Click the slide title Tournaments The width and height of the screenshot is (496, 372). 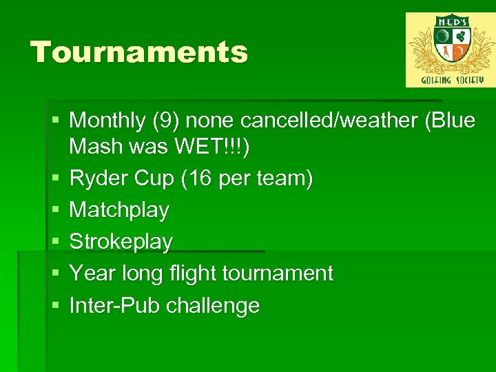139,52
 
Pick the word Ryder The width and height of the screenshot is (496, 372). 96,179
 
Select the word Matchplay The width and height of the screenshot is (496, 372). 119,210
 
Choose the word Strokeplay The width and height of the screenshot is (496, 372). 121,242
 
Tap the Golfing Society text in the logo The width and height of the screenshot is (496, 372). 450,80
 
